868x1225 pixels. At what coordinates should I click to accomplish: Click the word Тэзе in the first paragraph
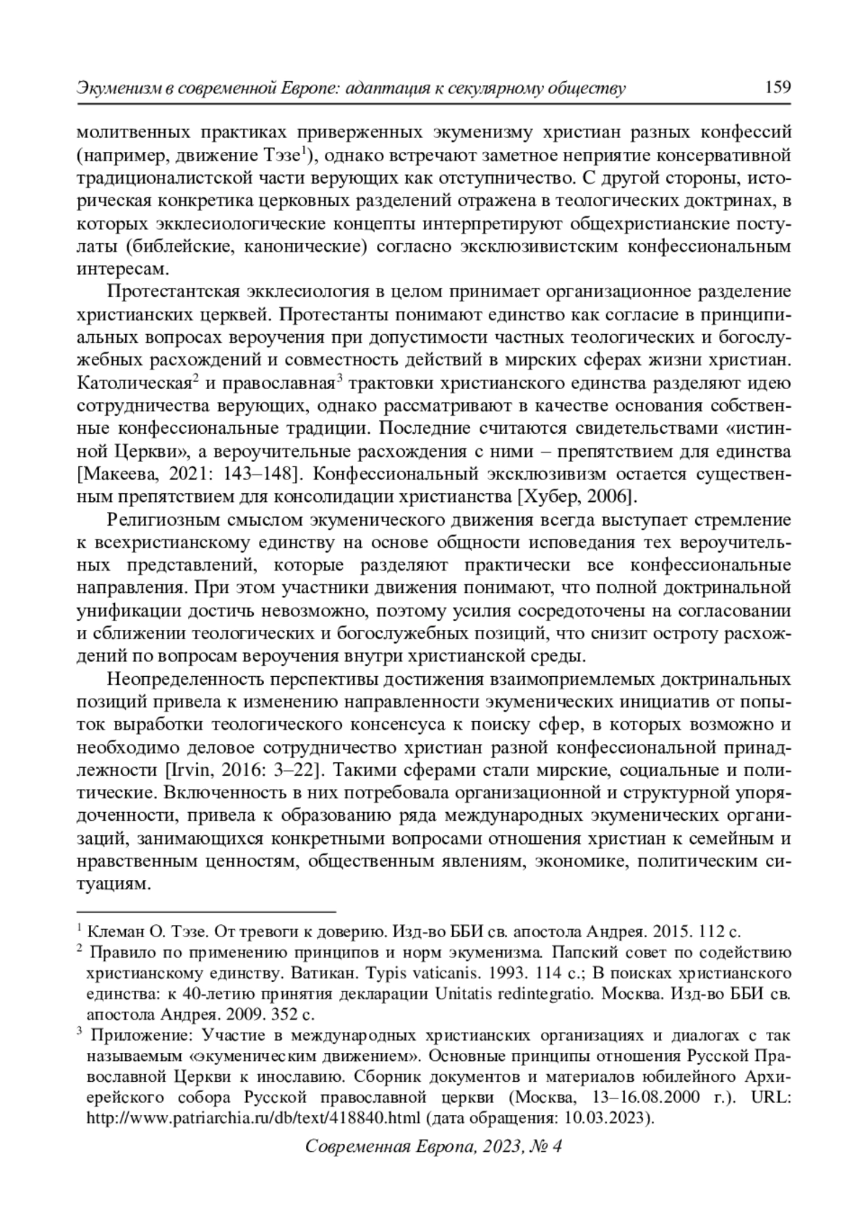pyautogui.click(x=280, y=155)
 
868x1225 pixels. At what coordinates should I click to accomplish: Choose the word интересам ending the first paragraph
pyautogui.click(x=123, y=269)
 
